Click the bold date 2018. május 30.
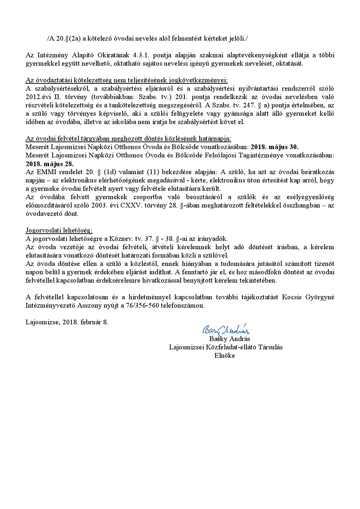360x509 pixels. (x=275, y=147)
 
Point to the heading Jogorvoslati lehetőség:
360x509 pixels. (x=59, y=230)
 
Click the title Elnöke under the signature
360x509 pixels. (x=225, y=356)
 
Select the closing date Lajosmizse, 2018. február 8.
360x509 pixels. (x=67, y=322)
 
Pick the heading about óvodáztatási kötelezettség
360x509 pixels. (x=127, y=80)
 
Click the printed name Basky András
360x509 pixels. (x=229, y=339)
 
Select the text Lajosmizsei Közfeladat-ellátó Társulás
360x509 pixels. (x=226, y=347)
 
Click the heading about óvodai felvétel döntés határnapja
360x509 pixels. (x=128, y=139)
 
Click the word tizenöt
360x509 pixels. (x=322, y=264)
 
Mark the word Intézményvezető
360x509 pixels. (x=50, y=305)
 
